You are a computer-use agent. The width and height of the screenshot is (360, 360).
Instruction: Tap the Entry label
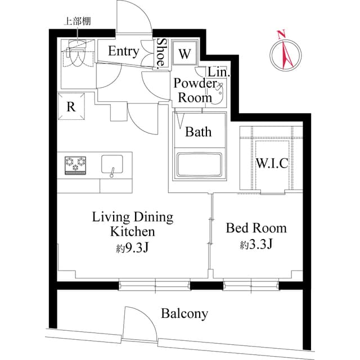pos(123,52)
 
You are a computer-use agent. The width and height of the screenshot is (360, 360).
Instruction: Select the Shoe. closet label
pos(161,52)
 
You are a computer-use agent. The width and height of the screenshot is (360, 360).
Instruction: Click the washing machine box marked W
pos(184,54)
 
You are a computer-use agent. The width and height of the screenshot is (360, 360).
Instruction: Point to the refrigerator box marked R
pos(71,107)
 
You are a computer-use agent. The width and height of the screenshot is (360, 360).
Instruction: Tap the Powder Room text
pos(195,90)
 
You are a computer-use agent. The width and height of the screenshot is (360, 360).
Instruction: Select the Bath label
pos(199,132)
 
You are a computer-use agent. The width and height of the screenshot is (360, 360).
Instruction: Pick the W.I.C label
pos(272,164)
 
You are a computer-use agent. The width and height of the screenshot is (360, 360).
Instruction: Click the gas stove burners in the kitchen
pos(76,165)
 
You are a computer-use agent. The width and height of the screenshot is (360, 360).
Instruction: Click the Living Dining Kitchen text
pos(133,224)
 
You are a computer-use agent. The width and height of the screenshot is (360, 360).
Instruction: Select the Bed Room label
pos(256,228)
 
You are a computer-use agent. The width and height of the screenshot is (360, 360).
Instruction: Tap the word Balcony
pos(184,313)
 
